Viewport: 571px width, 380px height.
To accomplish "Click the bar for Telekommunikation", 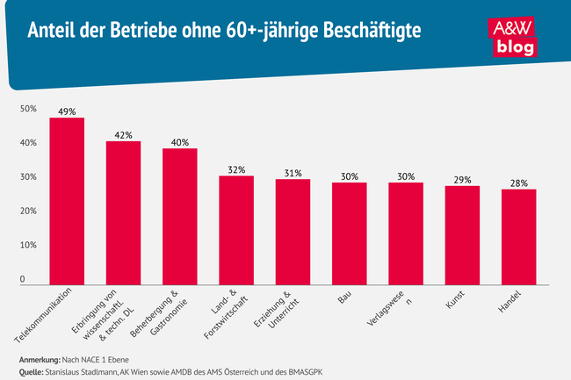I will click(x=67, y=201).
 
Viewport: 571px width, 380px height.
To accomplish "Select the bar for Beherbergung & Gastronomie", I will click(x=179, y=217).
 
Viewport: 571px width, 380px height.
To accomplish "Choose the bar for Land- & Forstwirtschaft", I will click(x=236, y=230).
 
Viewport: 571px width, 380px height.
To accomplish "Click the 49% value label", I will click(x=67, y=112).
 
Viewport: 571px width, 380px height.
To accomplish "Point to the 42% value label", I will click(x=123, y=135).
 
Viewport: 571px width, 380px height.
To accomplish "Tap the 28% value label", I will click(x=518, y=183).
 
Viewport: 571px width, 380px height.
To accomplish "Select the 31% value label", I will click(x=293, y=173).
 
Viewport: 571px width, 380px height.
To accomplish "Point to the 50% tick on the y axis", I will click(x=28, y=109).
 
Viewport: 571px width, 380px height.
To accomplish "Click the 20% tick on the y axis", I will click(x=28, y=212).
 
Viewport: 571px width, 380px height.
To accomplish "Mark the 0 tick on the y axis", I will click(x=24, y=280).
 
